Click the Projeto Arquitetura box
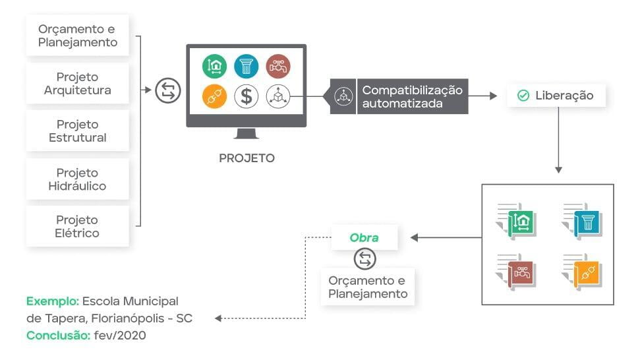[x=77, y=83]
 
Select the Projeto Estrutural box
[x=77, y=131]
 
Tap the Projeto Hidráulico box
[x=77, y=179]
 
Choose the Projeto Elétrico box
[x=77, y=226]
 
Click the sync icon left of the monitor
[x=167, y=90]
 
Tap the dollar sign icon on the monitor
[x=247, y=96]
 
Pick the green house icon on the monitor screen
[x=214, y=66]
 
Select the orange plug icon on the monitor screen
[x=214, y=96]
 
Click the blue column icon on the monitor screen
[x=247, y=66]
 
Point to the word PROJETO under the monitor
[x=247, y=158]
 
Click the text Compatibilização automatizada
[x=412, y=96]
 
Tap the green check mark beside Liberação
[x=523, y=96]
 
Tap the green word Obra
[x=364, y=237]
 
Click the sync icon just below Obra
[x=364, y=259]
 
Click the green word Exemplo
[x=52, y=301]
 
